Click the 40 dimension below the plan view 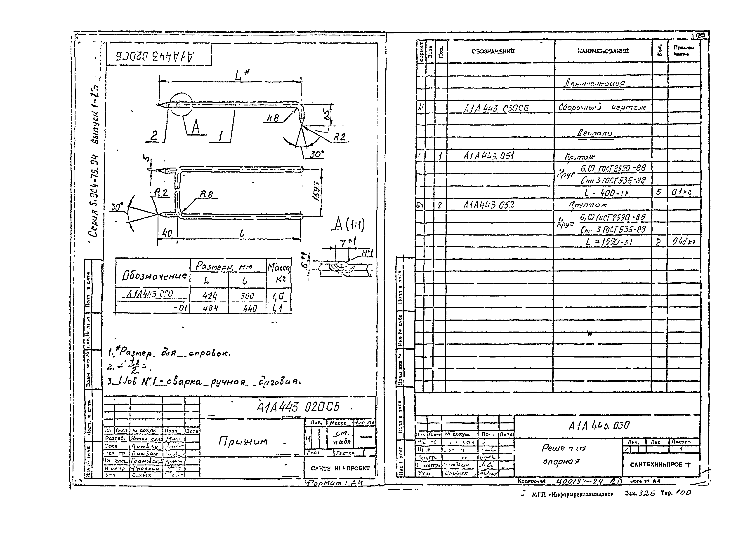click(167, 233)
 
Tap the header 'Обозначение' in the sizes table click(154, 276)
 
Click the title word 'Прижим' click(242, 441)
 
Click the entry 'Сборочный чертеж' click(602, 107)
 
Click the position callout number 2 click(154, 136)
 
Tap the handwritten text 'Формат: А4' click(333, 483)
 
